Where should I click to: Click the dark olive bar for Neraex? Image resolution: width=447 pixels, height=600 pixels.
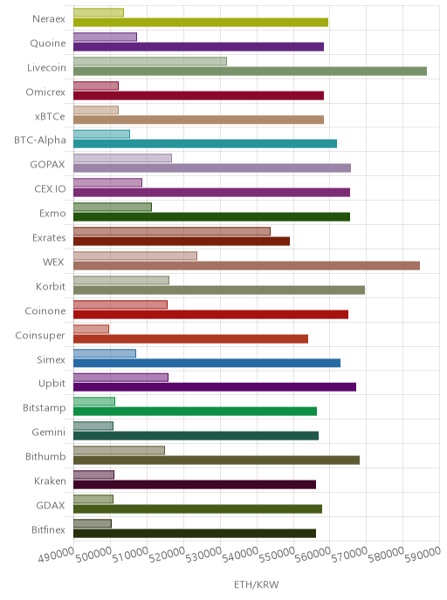pos(201,22)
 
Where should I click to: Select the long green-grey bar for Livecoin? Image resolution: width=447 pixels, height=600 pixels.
pos(250,72)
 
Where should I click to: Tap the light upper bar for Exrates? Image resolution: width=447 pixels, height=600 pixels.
pos(172,231)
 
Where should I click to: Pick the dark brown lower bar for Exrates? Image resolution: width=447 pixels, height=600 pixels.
pos(182,241)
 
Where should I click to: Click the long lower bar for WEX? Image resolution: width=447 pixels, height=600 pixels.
pos(247,266)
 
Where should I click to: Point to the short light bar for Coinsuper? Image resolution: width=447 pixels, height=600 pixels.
pos(91,329)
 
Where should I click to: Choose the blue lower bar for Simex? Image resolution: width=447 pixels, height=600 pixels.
pos(207,363)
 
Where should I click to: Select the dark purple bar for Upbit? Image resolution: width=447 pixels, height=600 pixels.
pos(215,387)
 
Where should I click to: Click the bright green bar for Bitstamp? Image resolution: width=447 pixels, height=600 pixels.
pos(195,412)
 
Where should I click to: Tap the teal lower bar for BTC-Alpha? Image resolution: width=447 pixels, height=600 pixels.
pos(205,144)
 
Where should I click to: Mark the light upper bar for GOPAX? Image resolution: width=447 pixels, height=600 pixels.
pos(122,158)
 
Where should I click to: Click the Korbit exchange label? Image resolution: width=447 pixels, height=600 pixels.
pos(51,287)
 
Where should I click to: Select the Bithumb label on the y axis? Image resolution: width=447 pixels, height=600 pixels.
pos(45,456)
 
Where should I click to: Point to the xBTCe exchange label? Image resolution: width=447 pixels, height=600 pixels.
pos(50,116)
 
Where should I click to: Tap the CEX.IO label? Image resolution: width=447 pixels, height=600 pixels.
pos(50,188)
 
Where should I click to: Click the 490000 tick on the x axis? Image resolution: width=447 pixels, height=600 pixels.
pos(56,555)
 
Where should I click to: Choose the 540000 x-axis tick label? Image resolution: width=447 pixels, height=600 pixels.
pos(240,555)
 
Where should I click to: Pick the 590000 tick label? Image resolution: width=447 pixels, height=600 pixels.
pos(423,555)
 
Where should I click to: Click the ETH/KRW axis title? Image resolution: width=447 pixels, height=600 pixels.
pos(257,584)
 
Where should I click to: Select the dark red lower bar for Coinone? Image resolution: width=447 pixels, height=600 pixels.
pos(210,315)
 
